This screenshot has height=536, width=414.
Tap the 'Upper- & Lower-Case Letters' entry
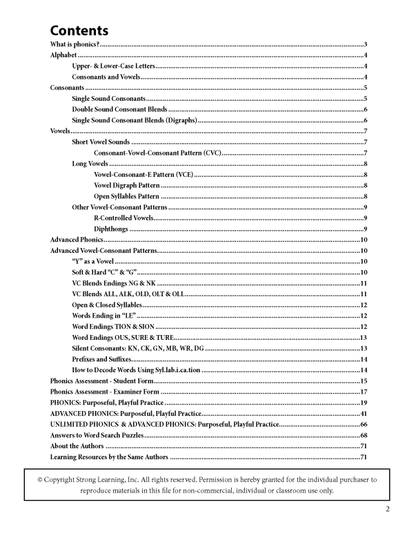point(114,66)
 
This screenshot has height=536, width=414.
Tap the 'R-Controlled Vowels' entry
point(124,218)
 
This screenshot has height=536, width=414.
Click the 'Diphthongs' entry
point(110,229)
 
